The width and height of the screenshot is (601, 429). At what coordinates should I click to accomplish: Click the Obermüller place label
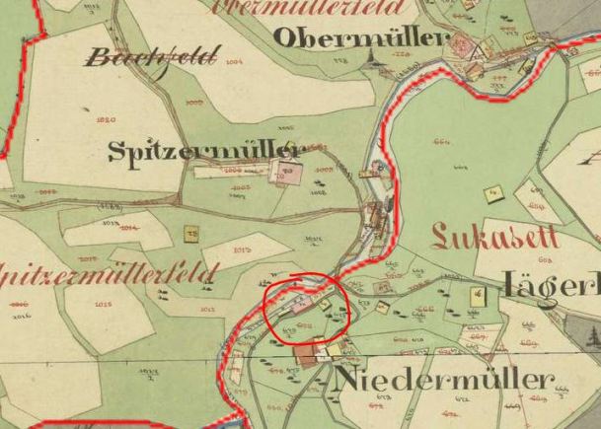[359, 38]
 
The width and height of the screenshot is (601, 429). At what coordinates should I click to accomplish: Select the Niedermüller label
[445, 381]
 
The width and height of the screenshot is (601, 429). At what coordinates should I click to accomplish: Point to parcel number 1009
[193, 103]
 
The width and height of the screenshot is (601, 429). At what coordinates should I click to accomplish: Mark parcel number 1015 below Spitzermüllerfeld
[103, 305]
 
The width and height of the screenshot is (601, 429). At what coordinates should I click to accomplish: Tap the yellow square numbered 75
[191, 234]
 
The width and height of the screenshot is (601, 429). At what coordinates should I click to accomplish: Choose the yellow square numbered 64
[478, 294]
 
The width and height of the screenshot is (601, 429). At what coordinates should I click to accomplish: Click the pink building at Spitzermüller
[288, 175]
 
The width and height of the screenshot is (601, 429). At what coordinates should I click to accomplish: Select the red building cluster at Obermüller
[461, 45]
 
